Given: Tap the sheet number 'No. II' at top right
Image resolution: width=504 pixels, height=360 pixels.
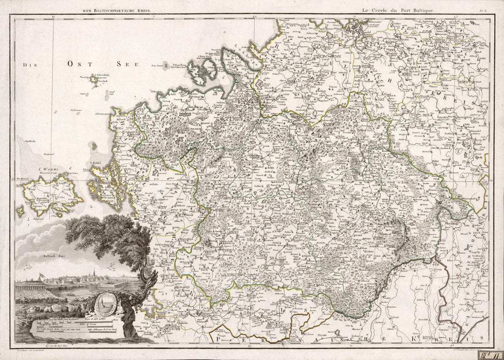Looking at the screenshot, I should click(x=483, y=9).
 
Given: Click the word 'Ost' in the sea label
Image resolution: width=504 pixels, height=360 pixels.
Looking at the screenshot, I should click(x=77, y=65).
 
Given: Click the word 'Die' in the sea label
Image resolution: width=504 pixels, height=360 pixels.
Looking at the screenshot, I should click(x=30, y=65).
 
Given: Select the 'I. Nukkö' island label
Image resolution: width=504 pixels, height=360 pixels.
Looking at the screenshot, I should click(x=95, y=163).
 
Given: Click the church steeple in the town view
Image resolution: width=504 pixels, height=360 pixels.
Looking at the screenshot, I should click(x=93, y=273).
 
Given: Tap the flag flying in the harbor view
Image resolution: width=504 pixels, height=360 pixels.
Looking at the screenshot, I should click(x=41, y=276).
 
